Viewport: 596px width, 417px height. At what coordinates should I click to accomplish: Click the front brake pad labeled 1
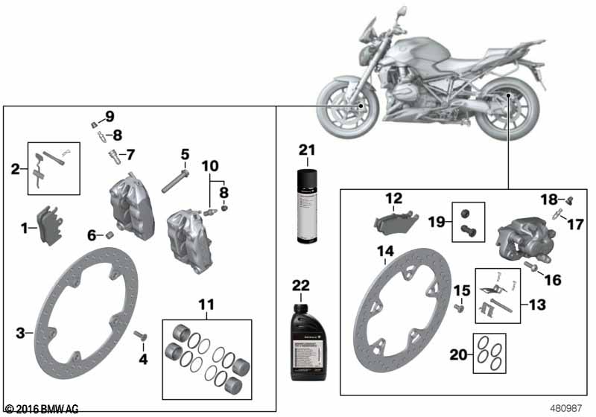pos(51,223)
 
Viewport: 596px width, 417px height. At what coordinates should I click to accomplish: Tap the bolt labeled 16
pos(533,265)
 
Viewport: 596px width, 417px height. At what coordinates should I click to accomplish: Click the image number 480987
pos(566,408)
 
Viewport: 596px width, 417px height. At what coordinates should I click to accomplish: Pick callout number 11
pos(206,303)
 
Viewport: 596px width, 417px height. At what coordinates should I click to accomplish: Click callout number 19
pos(437,220)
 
